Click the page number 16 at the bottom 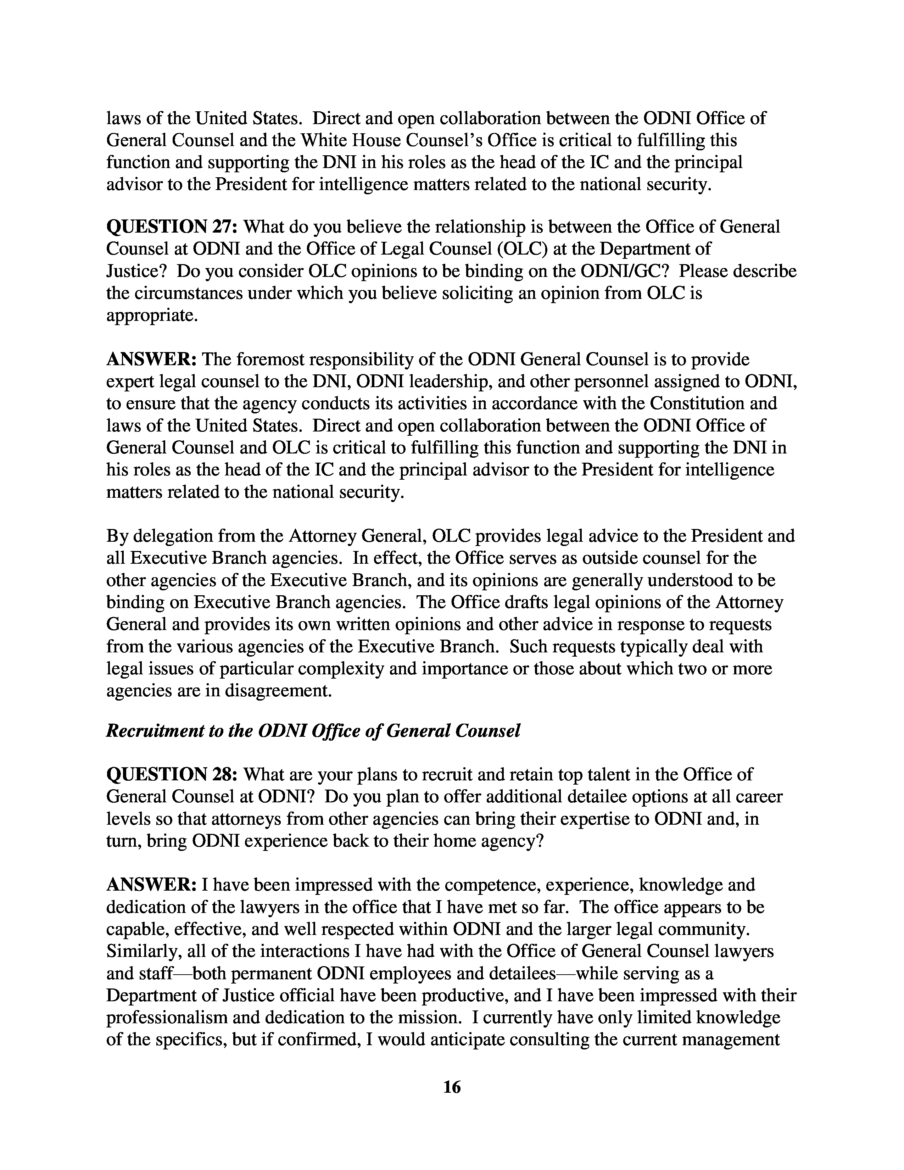452,1087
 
